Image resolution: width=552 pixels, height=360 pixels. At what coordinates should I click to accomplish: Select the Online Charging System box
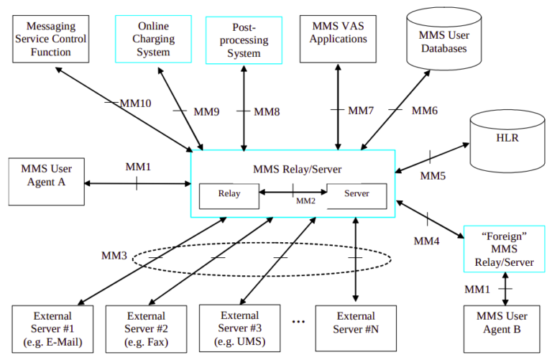[154, 39]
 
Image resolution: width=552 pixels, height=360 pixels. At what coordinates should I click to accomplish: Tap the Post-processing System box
[244, 40]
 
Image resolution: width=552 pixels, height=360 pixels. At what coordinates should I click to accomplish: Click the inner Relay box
[229, 194]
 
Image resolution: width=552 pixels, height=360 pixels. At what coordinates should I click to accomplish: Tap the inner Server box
[356, 195]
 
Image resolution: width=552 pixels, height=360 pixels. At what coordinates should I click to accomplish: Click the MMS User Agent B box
[502, 322]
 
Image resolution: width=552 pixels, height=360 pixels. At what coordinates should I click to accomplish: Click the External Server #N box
[356, 323]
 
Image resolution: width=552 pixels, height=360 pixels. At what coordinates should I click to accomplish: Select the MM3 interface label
[114, 255]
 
